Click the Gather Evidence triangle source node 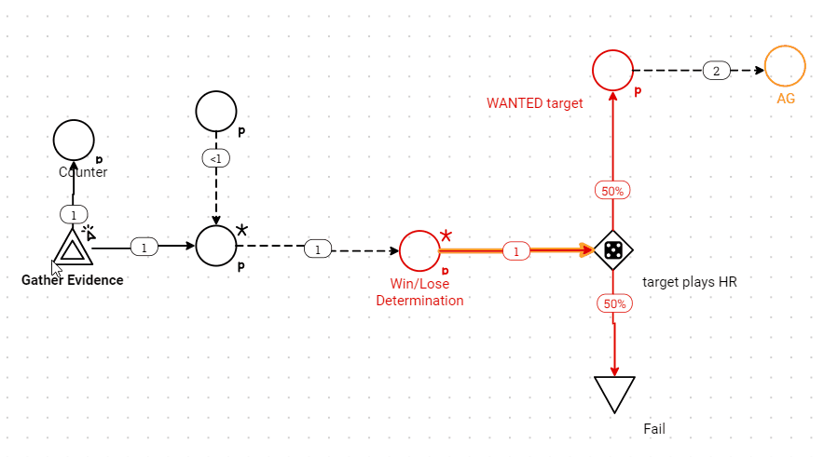72,249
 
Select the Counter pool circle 74,141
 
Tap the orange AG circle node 785,67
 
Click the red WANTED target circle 613,70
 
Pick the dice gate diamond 613,249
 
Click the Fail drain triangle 614,393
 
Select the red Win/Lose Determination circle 419,249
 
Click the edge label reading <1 215,158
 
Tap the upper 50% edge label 612,191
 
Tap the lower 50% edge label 612,303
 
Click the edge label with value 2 716,71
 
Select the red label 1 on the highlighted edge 516,250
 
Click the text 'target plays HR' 690,281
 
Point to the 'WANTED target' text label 534,103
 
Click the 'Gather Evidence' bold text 72,280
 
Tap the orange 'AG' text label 786,98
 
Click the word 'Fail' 654,429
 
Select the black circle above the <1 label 216,112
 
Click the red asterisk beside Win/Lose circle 446,235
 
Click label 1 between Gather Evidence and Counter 74,215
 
